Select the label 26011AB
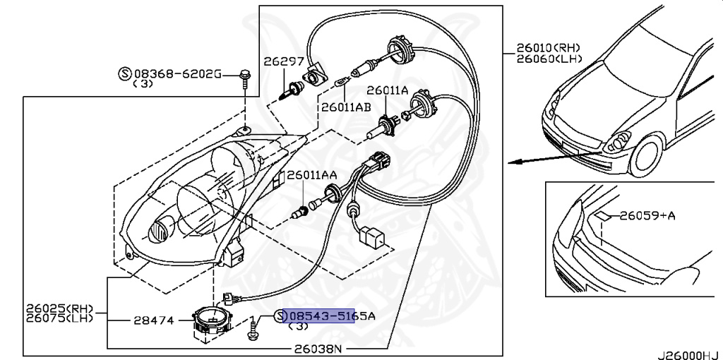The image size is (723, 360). click(x=345, y=108)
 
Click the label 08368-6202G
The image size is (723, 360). click(x=178, y=73)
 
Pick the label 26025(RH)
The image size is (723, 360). click(x=59, y=308)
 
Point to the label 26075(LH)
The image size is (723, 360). click(x=59, y=318)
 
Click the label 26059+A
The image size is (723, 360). click(x=647, y=215)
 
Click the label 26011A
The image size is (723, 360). click(x=387, y=90)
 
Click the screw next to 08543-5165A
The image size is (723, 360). click(x=253, y=329)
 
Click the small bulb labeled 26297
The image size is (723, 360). click(x=290, y=90)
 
